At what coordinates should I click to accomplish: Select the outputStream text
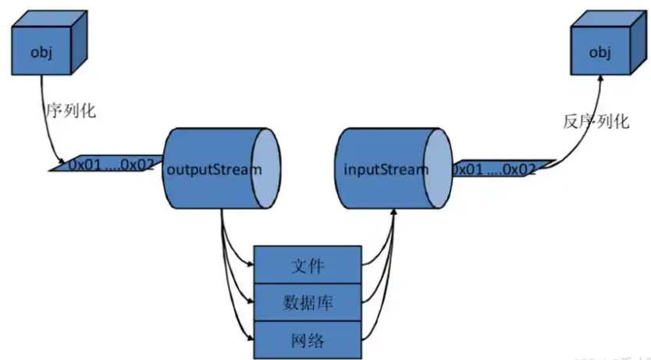tap(210, 169)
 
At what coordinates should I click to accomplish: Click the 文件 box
tap(308, 266)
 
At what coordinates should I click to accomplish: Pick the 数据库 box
tap(308, 303)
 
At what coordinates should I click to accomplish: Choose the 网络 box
tap(308, 340)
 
